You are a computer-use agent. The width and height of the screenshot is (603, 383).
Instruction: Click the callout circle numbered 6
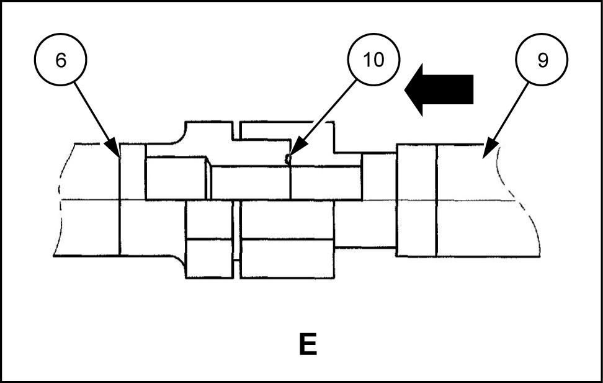pos(60,60)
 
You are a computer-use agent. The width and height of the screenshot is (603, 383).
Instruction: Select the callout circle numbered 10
pos(374,60)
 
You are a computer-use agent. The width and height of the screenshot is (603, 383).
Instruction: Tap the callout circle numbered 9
pos(542,60)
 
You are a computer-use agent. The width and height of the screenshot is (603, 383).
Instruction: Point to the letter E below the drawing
pos(308,345)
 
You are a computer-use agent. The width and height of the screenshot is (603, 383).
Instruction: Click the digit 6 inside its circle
pos(60,60)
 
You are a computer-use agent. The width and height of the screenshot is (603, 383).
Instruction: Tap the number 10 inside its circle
pos(374,60)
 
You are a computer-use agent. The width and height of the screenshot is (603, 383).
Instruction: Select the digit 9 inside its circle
pos(542,60)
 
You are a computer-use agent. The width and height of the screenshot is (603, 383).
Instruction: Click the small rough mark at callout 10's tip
pos(287,160)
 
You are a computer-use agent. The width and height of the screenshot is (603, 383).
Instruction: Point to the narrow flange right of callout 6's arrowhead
pos(132,199)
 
